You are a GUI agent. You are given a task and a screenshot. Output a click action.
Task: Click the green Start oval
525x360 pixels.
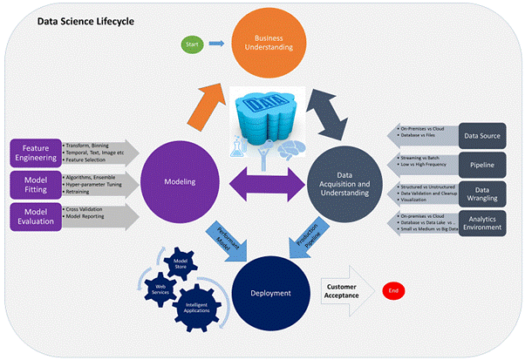point(190,43)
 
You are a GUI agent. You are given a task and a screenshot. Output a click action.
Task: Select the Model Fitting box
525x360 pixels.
point(35,185)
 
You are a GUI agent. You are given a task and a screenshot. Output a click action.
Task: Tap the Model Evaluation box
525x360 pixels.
point(35,217)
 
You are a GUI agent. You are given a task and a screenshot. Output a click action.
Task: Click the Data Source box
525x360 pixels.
point(482,135)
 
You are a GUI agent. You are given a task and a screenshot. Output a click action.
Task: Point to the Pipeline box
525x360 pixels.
point(482,163)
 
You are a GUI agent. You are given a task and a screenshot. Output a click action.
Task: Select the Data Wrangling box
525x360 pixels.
point(482,192)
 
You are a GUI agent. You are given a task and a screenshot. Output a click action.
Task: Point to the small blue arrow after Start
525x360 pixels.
point(215,43)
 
